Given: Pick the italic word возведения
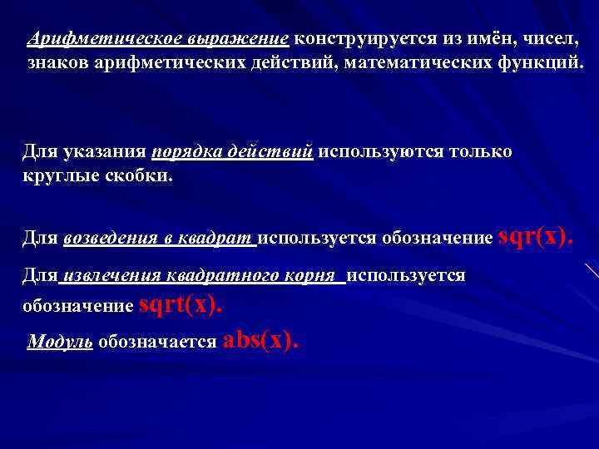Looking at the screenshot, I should click(111, 239).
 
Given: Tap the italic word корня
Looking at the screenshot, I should click(309, 276).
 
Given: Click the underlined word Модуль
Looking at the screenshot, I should click(60, 342).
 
